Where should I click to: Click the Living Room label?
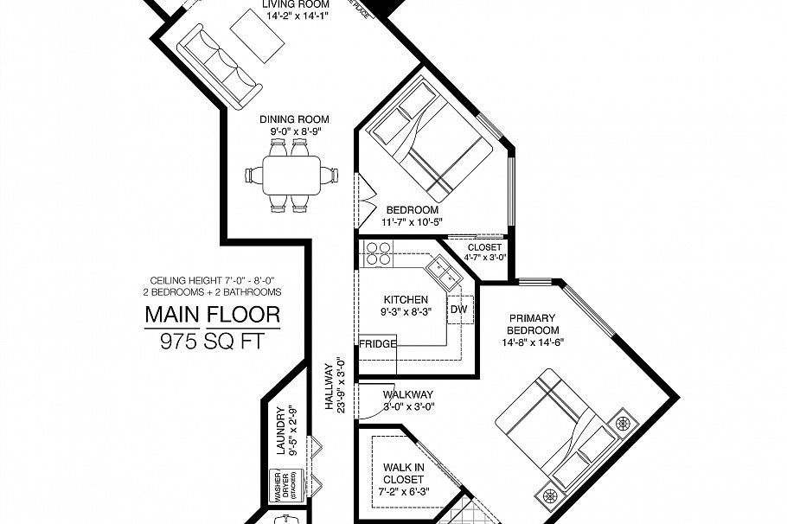tap(296, 3)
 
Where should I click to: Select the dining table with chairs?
tap(291, 176)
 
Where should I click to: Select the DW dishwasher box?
tap(458, 309)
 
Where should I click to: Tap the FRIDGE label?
tap(378, 343)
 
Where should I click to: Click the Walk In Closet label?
tap(402, 474)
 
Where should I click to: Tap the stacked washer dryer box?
tap(285, 486)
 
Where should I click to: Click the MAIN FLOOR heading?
tap(212, 315)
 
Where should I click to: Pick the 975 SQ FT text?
tap(212, 342)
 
